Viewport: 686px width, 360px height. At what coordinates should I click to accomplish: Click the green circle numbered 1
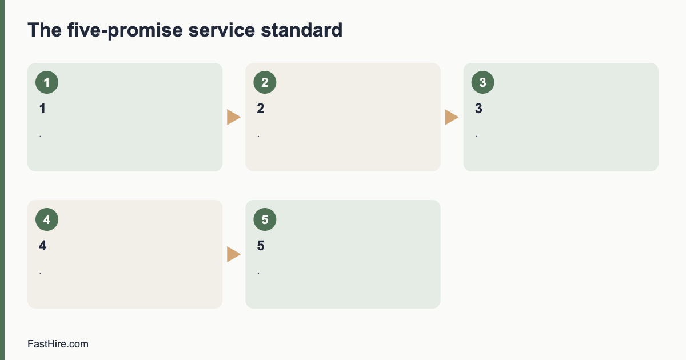click(x=47, y=82)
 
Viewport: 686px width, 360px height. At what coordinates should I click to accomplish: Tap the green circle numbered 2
click(x=265, y=82)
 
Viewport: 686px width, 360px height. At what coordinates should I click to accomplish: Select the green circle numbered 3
click(x=483, y=82)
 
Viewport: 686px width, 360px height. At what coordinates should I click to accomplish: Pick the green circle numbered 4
click(x=47, y=219)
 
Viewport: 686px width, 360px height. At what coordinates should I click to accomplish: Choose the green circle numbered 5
click(x=265, y=219)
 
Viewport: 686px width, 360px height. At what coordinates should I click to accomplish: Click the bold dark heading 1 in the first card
click(x=42, y=109)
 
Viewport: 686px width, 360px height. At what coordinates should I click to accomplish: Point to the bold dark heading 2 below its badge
click(x=261, y=109)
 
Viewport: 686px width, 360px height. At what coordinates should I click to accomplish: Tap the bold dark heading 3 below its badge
click(x=478, y=109)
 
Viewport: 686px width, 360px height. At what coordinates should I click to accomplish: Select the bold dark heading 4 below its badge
click(x=42, y=246)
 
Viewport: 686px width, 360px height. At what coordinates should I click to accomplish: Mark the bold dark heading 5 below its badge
click(x=261, y=246)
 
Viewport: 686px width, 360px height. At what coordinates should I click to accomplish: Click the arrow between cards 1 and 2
click(x=234, y=117)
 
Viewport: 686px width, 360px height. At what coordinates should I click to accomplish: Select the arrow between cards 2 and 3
click(x=452, y=117)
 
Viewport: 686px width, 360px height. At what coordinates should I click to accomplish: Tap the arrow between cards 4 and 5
click(x=234, y=254)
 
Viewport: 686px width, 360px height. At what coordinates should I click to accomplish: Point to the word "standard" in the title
click(x=301, y=30)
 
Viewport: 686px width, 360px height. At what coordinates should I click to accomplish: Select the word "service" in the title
click(x=221, y=30)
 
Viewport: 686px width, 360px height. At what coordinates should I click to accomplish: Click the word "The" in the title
click(x=45, y=30)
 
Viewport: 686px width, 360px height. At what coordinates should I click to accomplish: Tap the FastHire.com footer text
click(x=58, y=344)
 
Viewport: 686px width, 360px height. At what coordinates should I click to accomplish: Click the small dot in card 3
click(x=477, y=137)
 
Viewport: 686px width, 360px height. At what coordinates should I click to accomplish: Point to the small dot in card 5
click(x=258, y=274)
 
